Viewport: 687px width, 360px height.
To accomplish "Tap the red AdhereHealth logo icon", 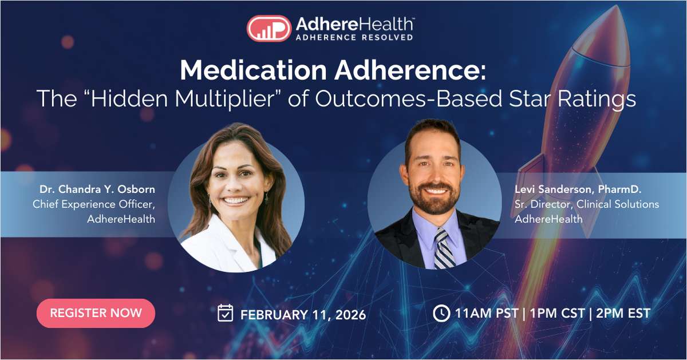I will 269,28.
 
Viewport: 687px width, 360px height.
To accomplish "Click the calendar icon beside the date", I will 226,313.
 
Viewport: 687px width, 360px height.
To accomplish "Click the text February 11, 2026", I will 303,314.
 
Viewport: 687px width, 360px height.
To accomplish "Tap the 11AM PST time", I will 487,314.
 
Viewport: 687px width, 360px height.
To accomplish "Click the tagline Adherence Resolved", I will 354,38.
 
